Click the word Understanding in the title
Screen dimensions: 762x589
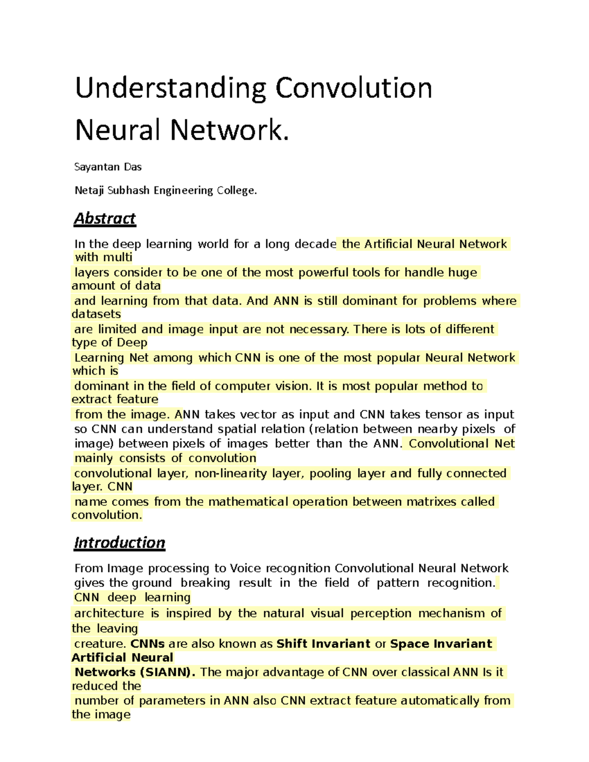170,89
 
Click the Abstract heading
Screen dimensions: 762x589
105,218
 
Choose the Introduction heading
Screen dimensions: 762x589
119,543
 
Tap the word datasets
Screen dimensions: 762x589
96,314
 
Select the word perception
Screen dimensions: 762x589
381,613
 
